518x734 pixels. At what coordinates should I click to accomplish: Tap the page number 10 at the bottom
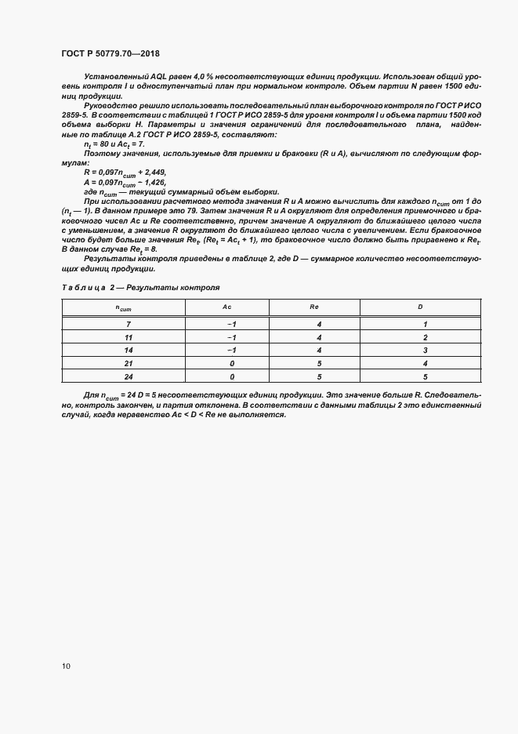[x=66, y=666]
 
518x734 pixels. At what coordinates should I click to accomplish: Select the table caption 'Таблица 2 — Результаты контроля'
[x=141, y=288]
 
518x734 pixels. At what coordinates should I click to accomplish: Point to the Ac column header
[x=228, y=307]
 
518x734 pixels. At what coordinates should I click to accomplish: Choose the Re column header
[x=320, y=307]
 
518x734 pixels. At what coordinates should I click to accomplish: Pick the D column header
[x=420, y=307]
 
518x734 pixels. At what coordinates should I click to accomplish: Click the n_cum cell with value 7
[x=128, y=323]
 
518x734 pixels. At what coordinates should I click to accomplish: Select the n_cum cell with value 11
[x=128, y=336]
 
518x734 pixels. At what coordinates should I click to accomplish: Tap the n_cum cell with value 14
[x=128, y=350]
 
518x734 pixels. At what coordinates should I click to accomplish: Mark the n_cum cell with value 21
[x=128, y=363]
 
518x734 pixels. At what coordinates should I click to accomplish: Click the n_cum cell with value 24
[x=128, y=376]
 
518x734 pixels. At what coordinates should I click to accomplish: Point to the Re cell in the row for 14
[x=320, y=350]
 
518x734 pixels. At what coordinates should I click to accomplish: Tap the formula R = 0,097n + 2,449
[x=125, y=171]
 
